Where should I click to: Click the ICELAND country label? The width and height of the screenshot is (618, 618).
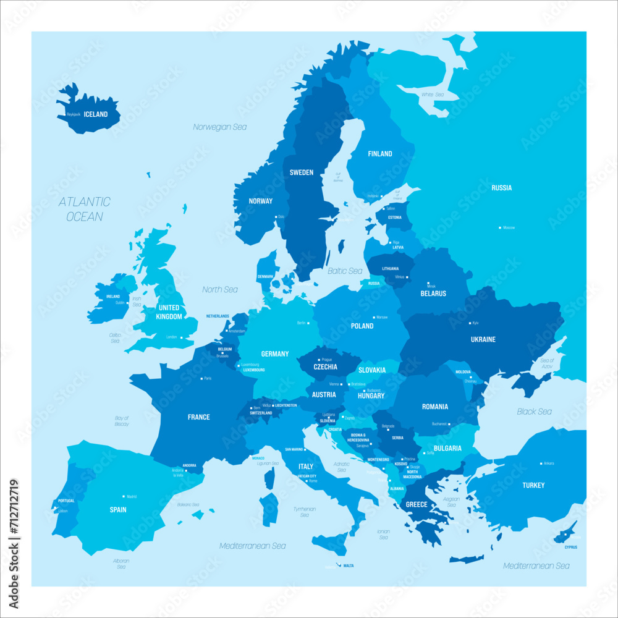(x=96, y=114)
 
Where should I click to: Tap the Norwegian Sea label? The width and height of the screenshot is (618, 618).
(x=219, y=127)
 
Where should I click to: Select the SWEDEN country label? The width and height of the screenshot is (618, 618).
(x=302, y=172)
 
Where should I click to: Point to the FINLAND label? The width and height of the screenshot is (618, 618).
(x=380, y=154)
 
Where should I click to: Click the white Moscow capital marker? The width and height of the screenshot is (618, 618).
(x=500, y=227)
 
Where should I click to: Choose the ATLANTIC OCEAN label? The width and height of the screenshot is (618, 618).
(x=85, y=209)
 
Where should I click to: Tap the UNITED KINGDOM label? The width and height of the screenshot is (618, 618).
(x=169, y=312)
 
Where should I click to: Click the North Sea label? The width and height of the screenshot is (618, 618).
(x=220, y=289)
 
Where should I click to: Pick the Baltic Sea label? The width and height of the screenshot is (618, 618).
(x=345, y=271)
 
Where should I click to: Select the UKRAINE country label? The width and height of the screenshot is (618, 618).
(x=483, y=339)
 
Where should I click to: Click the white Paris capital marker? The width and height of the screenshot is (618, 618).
(x=201, y=378)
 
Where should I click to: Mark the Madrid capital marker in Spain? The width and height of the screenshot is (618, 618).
(x=124, y=496)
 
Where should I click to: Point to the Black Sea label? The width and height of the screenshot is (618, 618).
(x=535, y=412)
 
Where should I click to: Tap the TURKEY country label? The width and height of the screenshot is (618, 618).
(x=533, y=485)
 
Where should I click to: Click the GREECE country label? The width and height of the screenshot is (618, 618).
(x=417, y=504)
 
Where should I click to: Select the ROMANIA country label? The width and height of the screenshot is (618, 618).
(x=435, y=407)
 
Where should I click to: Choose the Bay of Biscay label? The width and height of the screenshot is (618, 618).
(x=122, y=421)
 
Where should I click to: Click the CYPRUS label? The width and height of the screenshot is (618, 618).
(x=570, y=547)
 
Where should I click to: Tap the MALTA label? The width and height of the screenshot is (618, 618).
(x=349, y=565)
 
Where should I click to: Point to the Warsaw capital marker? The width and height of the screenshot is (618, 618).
(x=372, y=317)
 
